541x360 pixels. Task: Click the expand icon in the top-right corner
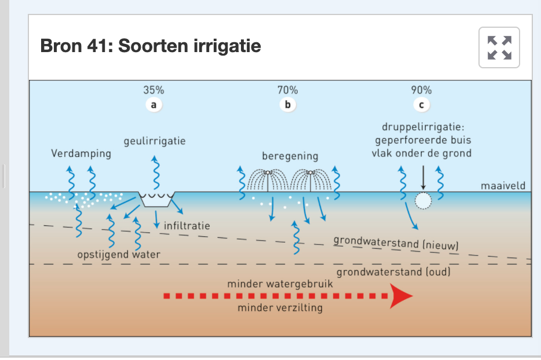(499, 47)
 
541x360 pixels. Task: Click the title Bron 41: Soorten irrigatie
(151, 46)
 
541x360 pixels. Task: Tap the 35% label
(153, 90)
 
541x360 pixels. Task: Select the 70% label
(287, 90)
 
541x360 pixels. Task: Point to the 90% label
(421, 90)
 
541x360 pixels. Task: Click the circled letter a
(153, 105)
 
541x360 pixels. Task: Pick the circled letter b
(287, 105)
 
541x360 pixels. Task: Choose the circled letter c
(421, 105)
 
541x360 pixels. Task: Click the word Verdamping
(81, 155)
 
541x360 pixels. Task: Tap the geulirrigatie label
(155, 141)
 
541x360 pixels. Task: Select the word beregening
(290, 156)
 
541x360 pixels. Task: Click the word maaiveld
(503, 186)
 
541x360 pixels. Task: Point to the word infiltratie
(187, 225)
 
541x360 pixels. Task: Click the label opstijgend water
(119, 255)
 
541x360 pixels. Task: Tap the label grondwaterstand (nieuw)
(396, 243)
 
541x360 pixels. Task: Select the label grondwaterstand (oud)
(394, 271)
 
